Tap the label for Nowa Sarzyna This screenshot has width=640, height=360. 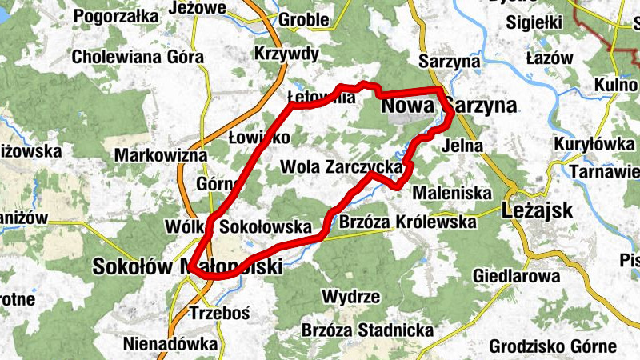click(448, 106)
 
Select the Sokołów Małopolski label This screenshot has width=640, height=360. click(187, 266)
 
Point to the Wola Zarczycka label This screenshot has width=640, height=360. click(341, 166)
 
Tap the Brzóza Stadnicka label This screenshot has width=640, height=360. click(367, 330)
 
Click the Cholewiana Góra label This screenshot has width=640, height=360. click(138, 58)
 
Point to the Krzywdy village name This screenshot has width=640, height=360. click(286, 54)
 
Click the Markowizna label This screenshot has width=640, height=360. click(161, 154)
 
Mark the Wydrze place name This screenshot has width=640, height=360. click(350, 297)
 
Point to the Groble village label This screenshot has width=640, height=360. click(303, 20)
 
